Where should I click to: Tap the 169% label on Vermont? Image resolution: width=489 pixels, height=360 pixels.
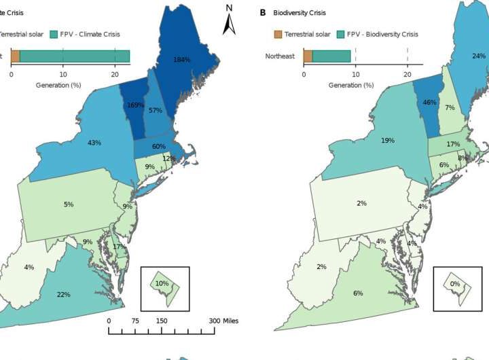(135, 105)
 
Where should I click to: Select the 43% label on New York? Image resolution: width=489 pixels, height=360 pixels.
(94, 143)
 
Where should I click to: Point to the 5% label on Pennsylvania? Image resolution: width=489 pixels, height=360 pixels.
(69, 204)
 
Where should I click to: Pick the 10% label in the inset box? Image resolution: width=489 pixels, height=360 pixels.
(162, 283)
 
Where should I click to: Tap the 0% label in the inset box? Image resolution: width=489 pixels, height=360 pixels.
(454, 283)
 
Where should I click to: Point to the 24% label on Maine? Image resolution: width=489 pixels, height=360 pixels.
(479, 56)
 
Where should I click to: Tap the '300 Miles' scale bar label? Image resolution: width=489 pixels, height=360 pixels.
(223, 321)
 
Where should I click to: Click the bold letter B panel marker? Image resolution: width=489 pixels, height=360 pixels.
(263, 12)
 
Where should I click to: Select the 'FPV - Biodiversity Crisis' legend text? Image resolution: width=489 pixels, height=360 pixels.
(384, 33)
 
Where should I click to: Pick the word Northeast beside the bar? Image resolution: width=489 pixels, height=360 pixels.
(280, 56)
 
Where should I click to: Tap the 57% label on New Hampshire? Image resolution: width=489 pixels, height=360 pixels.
(156, 110)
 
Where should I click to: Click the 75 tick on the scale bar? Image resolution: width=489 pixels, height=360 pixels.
(135, 321)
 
